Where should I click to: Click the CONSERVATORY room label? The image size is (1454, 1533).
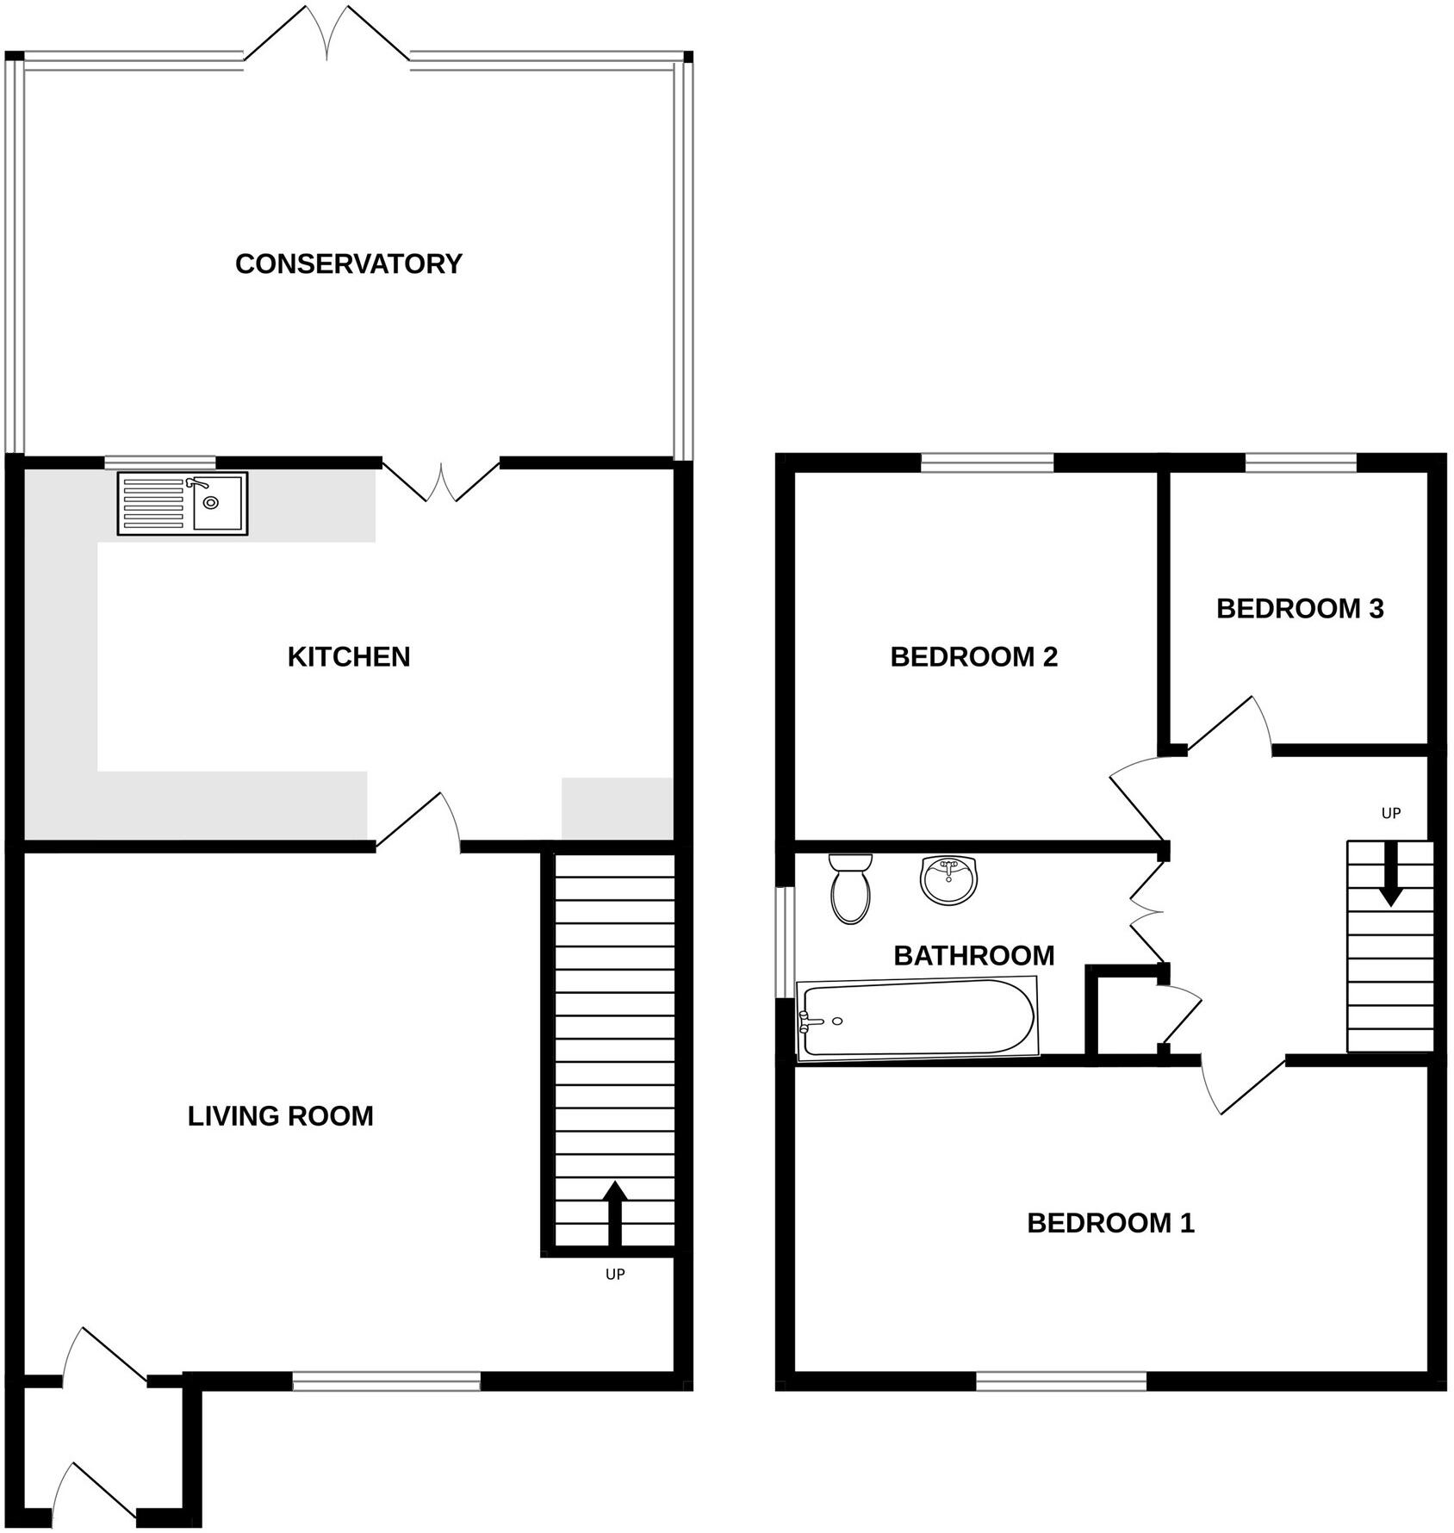tap(349, 264)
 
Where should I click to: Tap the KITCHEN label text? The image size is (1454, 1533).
tap(349, 657)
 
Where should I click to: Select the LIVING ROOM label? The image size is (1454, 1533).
tap(281, 1116)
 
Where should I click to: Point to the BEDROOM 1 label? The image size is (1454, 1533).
tap(1111, 1223)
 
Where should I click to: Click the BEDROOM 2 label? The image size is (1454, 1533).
tap(974, 657)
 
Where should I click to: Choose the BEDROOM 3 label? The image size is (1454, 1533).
tap(1300, 609)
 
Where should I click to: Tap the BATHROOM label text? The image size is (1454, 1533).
tap(974, 955)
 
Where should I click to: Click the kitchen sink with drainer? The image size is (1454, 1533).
tap(183, 504)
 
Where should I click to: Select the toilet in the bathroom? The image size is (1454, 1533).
tap(851, 888)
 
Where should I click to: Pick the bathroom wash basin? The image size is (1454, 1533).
tap(949, 879)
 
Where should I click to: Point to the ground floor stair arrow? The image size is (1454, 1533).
tap(614, 1214)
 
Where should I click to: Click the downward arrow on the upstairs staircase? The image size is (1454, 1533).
tap(1389, 874)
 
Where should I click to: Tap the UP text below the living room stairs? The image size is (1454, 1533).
tap(614, 1274)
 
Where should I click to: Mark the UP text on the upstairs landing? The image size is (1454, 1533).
tap(1391, 813)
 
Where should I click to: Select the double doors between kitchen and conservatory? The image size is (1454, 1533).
tap(441, 481)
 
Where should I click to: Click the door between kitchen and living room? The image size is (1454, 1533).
tap(418, 820)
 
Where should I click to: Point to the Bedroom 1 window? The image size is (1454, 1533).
tap(1061, 1382)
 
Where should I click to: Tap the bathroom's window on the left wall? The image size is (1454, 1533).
tap(784, 942)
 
